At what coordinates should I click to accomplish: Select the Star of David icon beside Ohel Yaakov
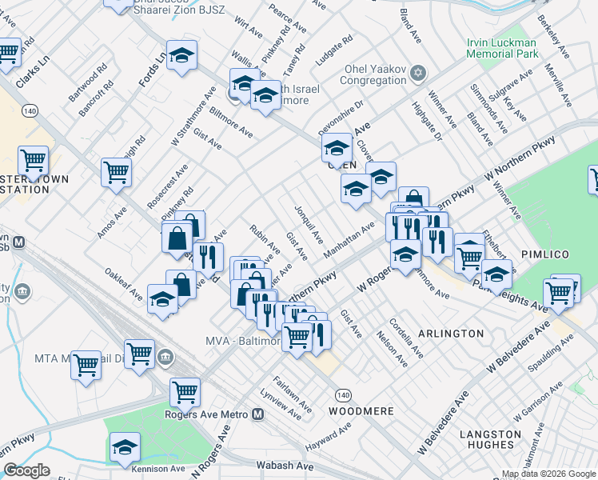click(417, 74)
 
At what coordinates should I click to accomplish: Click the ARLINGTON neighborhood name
click(451, 333)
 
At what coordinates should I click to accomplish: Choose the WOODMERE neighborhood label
click(361, 410)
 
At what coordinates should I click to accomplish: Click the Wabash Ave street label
click(282, 464)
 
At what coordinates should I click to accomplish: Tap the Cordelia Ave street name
click(406, 338)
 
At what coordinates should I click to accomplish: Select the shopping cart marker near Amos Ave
click(116, 171)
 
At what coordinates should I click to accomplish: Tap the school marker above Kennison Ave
click(125, 447)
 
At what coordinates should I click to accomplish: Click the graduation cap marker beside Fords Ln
click(182, 55)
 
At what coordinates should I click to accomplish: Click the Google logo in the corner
click(26, 470)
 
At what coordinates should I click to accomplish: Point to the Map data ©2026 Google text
click(548, 474)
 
